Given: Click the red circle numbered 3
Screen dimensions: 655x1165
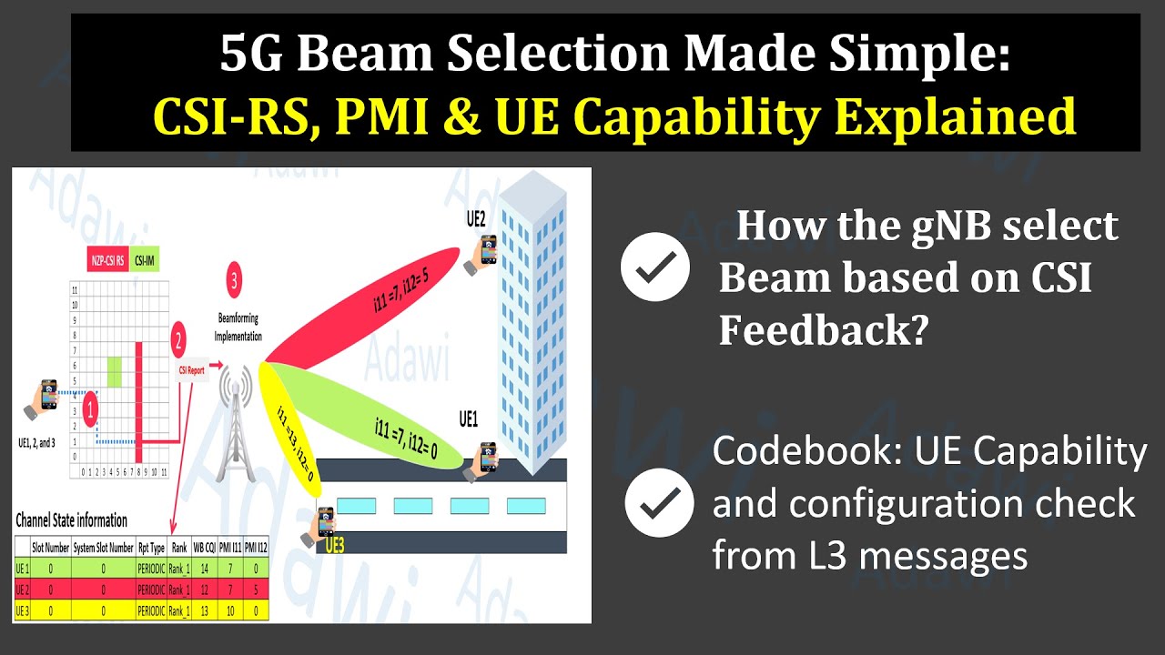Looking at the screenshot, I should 235,282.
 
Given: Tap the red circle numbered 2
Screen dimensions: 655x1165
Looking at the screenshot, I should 178,342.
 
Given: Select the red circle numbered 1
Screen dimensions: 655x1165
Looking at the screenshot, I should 90,409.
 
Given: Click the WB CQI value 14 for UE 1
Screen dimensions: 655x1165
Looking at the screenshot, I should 206,568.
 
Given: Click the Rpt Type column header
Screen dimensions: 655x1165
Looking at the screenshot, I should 149,548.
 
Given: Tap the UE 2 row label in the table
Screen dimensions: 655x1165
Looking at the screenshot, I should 24,589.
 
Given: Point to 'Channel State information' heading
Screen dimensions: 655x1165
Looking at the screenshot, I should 72,521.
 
